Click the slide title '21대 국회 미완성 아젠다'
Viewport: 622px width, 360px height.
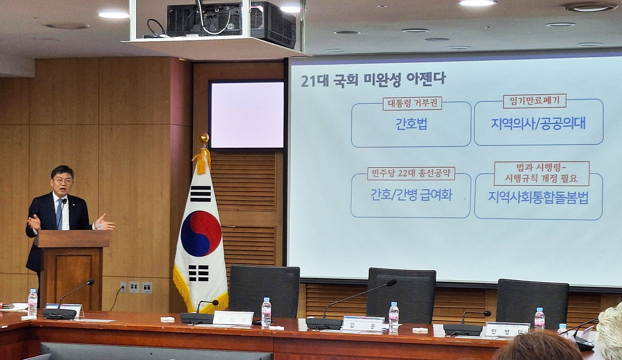click(373, 79)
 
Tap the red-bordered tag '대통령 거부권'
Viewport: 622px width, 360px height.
click(412, 104)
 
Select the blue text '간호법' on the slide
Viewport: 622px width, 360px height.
click(411, 124)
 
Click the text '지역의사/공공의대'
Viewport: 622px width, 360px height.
click(538, 124)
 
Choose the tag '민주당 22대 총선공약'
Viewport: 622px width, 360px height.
click(411, 173)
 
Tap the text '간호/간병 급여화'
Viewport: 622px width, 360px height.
click(411, 195)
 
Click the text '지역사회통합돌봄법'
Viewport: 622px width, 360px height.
click(538, 198)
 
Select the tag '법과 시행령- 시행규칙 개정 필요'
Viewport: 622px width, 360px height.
click(542, 173)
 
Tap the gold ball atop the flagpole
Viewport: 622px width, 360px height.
click(204, 138)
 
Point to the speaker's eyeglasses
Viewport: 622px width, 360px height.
click(63, 181)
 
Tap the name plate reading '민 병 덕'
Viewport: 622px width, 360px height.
click(507, 331)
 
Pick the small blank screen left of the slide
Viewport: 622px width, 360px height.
click(247, 115)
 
